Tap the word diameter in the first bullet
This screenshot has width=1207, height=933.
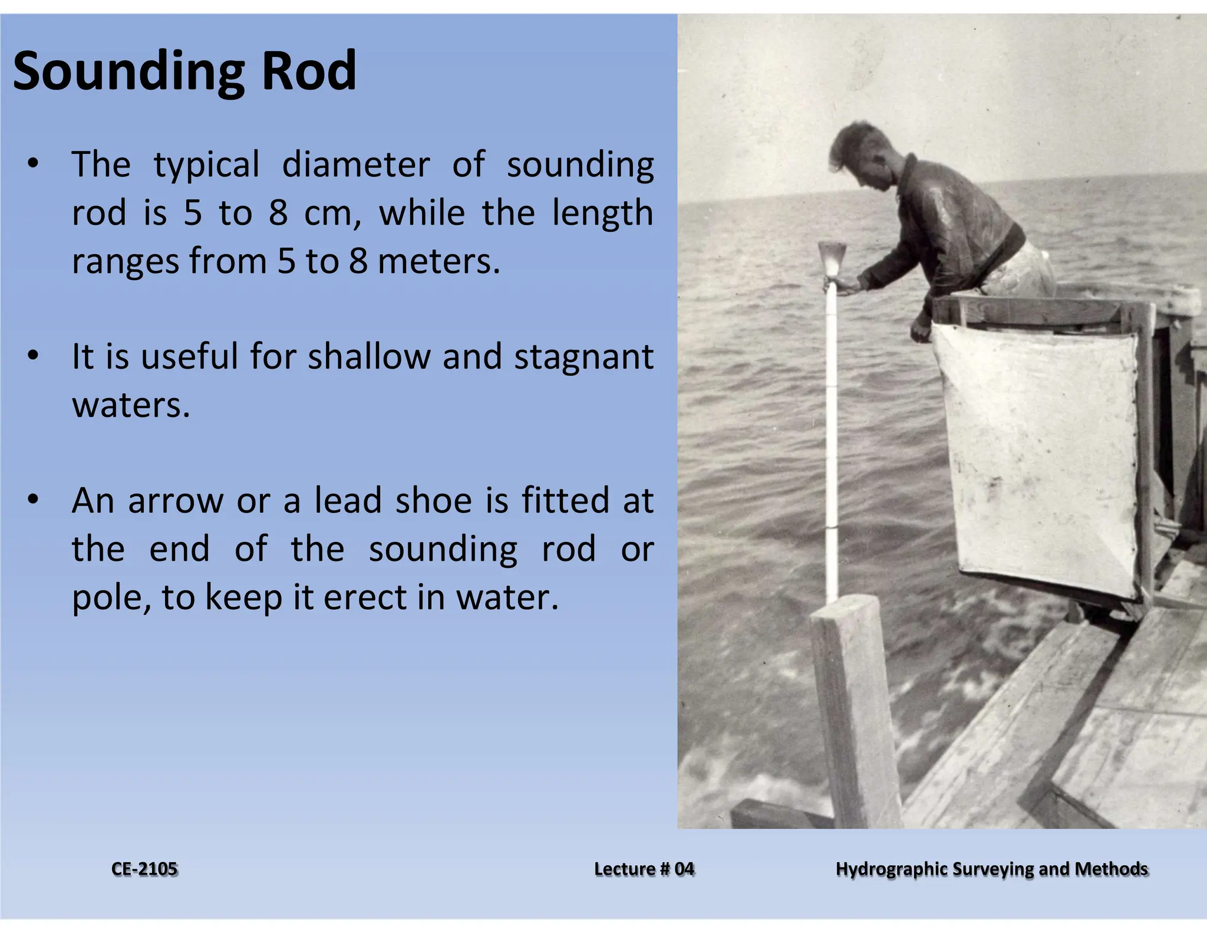pyautogui.click(x=355, y=165)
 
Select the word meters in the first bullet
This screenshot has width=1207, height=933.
pyautogui.click(x=438, y=261)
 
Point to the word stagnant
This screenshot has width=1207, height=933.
pyautogui.click(x=583, y=357)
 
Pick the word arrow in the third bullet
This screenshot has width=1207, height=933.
pyautogui.click(x=175, y=501)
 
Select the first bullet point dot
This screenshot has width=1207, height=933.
pyautogui.click(x=33, y=163)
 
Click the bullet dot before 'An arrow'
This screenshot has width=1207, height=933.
pyautogui.click(x=33, y=500)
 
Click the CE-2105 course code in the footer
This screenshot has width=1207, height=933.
pyautogui.click(x=144, y=869)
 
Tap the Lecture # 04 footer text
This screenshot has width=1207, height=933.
pyautogui.click(x=644, y=869)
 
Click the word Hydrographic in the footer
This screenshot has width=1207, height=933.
pyautogui.click(x=892, y=869)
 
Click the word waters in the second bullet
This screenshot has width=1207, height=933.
pyautogui.click(x=131, y=406)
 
